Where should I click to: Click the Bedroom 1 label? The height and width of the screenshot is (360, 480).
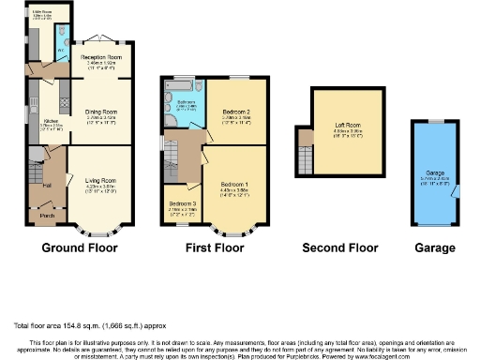click(233, 182)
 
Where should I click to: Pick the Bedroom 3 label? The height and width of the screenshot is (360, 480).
click(181, 203)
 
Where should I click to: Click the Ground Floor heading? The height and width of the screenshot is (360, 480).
click(79, 248)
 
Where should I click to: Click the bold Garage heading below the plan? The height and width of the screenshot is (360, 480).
click(434, 248)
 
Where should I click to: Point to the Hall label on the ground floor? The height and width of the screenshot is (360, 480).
click(46, 185)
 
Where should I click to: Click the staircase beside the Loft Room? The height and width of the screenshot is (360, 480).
click(304, 147)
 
